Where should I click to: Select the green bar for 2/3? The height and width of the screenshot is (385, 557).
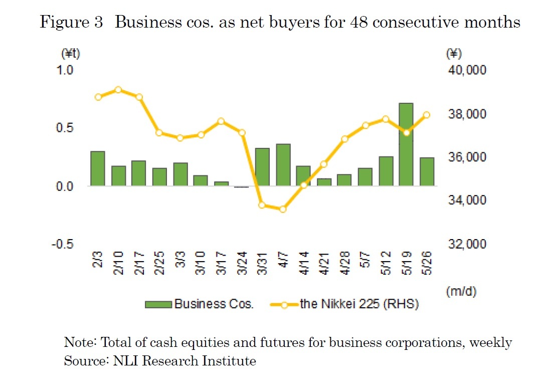pos(98,168)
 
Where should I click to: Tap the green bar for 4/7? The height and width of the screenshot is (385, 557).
pos(283,165)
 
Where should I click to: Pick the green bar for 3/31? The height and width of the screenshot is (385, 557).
pos(262,167)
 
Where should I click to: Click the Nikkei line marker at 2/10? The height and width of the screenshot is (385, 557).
pos(118,90)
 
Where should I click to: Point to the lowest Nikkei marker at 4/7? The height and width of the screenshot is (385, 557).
pos(283,209)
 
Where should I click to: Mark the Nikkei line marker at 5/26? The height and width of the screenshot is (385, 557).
pos(427,115)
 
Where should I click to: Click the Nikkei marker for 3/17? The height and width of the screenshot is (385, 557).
pos(221,121)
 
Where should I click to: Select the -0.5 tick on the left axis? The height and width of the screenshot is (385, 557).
pos(63,244)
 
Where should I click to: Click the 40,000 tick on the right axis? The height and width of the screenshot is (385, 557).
pos(466,70)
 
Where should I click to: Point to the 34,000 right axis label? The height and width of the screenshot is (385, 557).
pos(466,201)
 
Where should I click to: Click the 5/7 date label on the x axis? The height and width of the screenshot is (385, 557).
pos(365,260)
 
